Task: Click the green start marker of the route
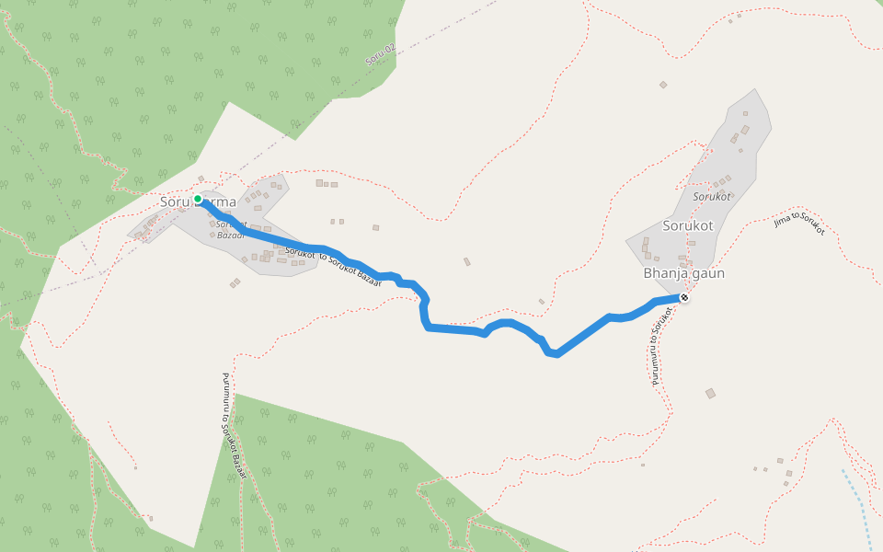click(198, 199)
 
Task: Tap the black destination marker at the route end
click(684, 297)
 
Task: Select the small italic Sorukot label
click(711, 197)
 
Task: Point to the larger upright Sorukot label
click(688, 225)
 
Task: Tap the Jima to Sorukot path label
click(799, 223)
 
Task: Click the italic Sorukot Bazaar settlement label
click(231, 229)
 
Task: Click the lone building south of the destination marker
click(710, 394)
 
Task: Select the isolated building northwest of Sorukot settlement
click(663, 85)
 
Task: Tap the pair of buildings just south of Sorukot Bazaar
click(235, 282)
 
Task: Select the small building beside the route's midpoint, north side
click(466, 262)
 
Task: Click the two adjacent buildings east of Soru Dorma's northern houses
click(323, 183)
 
